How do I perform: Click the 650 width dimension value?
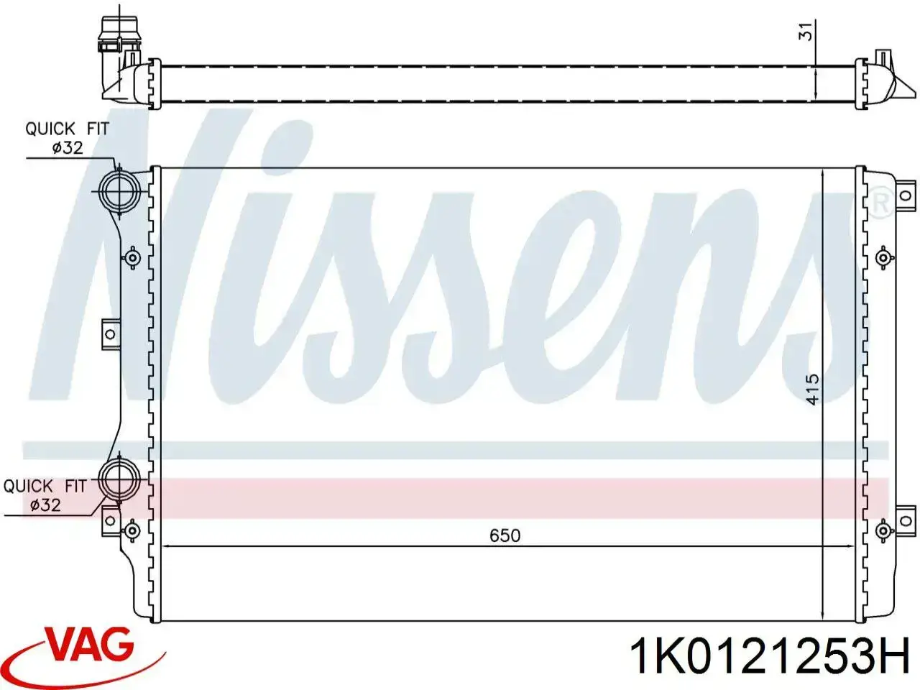click(505, 535)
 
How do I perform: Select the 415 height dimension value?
click(812, 390)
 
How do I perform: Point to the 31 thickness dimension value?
click(805, 31)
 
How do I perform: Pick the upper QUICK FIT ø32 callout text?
click(67, 138)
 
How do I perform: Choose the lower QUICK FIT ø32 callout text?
click(45, 496)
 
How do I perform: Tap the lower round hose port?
click(119, 479)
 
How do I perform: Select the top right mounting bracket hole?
click(906, 195)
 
